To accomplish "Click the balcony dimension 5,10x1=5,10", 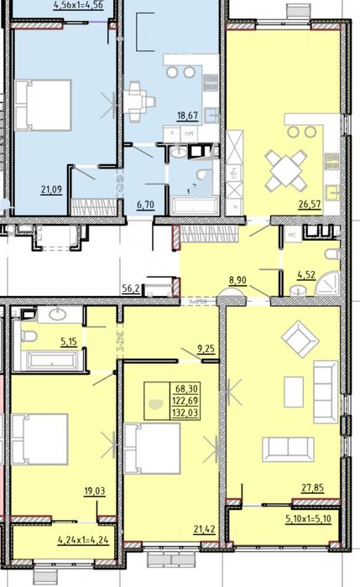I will click(x=313, y=517).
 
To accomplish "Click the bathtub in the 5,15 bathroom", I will click(x=52, y=361).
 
